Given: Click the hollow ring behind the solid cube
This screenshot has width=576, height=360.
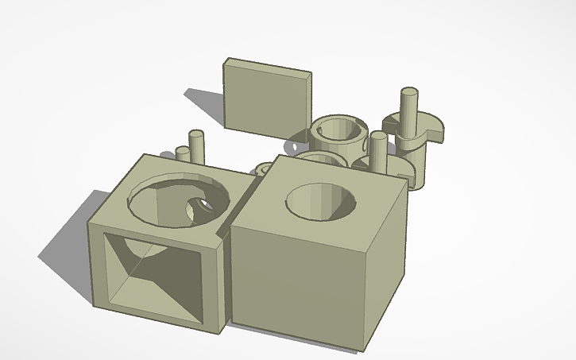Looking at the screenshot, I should (x=338, y=135).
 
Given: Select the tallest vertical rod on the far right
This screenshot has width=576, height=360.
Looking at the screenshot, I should (x=409, y=111).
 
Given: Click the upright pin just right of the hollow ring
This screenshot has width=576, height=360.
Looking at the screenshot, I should (x=378, y=151).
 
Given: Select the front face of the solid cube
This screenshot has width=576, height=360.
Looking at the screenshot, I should (x=298, y=278).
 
